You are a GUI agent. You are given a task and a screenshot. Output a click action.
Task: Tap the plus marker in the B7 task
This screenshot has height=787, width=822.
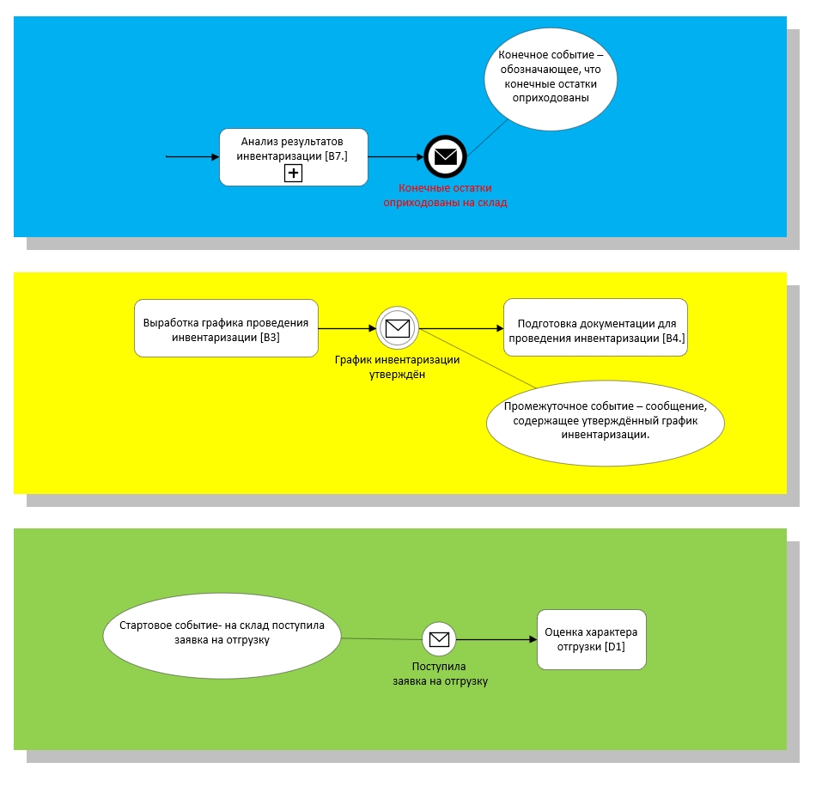[x=293, y=173]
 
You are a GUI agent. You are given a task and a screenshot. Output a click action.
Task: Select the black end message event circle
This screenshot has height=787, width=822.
[x=444, y=156]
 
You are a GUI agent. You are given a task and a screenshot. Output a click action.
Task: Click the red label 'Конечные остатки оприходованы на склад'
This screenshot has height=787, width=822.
[x=445, y=195]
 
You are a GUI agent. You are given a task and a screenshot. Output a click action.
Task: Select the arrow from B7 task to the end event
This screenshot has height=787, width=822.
[x=396, y=157]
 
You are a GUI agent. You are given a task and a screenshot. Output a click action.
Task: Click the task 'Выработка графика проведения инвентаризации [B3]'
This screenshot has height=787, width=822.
[x=226, y=327]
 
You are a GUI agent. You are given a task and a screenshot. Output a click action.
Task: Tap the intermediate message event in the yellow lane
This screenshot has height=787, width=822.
[x=396, y=327]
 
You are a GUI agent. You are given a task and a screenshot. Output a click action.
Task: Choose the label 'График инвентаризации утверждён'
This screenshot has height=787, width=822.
[x=397, y=367]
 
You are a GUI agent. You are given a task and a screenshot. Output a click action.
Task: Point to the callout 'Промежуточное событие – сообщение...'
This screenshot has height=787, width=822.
[x=605, y=420]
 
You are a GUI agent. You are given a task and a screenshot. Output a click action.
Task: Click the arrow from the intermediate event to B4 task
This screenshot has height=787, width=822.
[x=460, y=328]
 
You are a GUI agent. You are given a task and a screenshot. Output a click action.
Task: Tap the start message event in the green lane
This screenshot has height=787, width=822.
[x=439, y=638]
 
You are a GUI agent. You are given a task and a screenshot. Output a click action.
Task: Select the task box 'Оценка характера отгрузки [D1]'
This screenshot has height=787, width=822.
[x=591, y=640]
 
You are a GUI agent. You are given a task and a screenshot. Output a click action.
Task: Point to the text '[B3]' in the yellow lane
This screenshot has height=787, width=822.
[x=271, y=338]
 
